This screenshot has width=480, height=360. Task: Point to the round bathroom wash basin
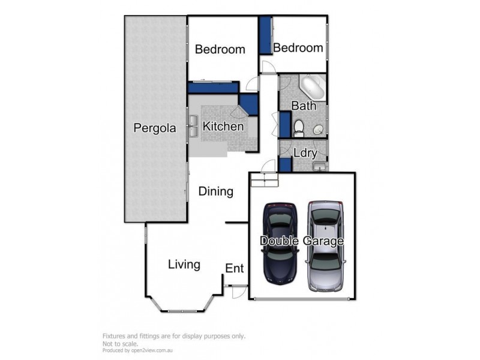317,130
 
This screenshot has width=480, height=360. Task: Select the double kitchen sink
194,126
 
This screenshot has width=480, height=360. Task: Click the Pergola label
154,128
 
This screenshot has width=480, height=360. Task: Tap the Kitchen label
223,127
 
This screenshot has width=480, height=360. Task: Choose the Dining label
215,192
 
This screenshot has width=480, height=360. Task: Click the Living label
184,264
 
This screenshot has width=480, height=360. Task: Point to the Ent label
234,268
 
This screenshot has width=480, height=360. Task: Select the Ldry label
305,153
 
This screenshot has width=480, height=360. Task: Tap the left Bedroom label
220,49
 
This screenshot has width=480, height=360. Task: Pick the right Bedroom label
298,48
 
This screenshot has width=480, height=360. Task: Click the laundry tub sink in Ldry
320,166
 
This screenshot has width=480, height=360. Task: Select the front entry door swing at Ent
239,291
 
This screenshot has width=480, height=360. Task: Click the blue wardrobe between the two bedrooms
264,36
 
